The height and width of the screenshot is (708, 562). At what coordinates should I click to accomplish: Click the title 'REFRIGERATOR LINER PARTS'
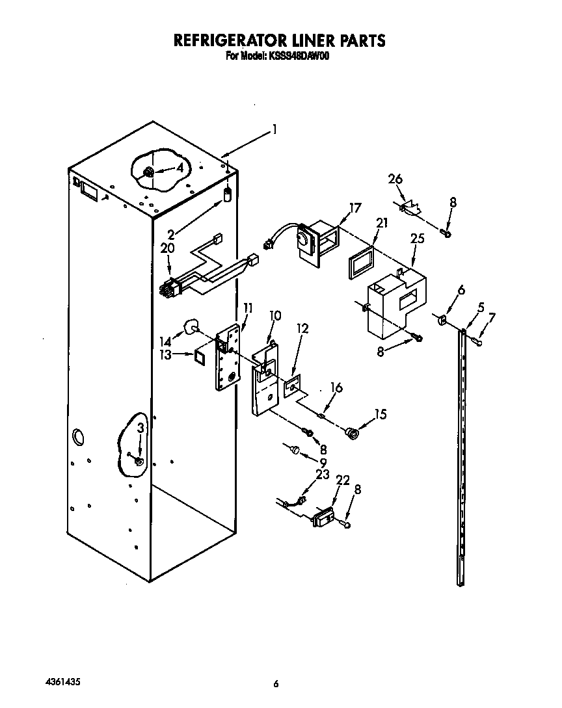(279, 41)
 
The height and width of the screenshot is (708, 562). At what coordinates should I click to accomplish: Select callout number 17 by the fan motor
(355, 209)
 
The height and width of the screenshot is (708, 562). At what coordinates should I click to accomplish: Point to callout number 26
(395, 179)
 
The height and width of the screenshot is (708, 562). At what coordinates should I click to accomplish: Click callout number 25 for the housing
(417, 239)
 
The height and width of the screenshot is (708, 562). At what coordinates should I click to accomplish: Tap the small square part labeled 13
(200, 355)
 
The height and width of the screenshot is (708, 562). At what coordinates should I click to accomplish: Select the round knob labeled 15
(352, 432)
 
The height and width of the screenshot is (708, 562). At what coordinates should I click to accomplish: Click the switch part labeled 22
(323, 518)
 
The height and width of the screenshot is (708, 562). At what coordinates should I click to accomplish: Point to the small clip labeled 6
(441, 319)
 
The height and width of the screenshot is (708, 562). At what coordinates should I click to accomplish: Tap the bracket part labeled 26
(410, 208)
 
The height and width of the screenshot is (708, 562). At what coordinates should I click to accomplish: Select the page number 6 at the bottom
(276, 684)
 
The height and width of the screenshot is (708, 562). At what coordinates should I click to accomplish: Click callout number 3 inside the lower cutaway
(141, 427)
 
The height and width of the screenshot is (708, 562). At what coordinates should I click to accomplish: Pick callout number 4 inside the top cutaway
(179, 167)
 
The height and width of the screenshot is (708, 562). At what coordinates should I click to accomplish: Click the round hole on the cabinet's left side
(78, 437)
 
